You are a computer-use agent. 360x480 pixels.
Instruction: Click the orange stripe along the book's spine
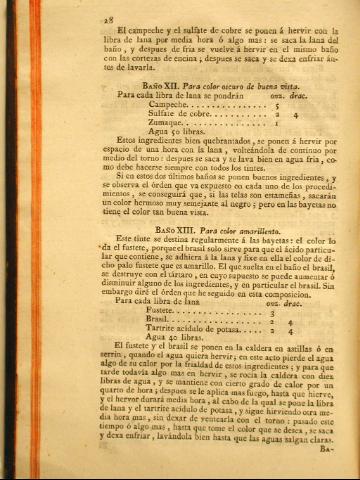[6, 240]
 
